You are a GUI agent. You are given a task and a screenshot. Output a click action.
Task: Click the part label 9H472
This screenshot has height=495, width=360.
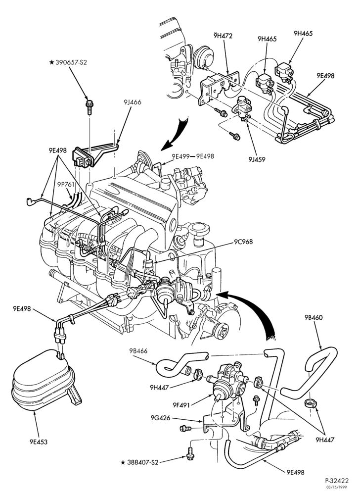tap(223, 36)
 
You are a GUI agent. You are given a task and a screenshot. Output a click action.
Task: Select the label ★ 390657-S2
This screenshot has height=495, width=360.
tap(68, 62)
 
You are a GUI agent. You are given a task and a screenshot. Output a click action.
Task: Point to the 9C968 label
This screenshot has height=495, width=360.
tap(243, 242)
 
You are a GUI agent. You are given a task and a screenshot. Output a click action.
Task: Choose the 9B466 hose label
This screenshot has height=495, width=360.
tap(138, 351)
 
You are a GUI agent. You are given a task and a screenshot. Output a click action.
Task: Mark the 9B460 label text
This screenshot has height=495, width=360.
tap(314, 317)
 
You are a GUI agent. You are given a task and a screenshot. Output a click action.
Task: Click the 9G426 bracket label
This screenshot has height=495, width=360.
tap(160, 418)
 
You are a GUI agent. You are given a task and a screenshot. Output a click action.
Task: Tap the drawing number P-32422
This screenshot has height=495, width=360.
tap(337, 481)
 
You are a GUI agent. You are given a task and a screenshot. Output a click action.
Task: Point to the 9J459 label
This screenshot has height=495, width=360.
tap(256, 159)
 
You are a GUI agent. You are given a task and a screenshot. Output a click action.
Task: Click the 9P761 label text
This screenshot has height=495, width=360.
tap(67, 184)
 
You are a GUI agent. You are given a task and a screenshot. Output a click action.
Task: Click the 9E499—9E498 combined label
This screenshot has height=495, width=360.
tap(193, 156)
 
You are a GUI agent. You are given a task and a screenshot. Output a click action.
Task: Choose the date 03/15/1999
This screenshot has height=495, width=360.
tap(340, 487)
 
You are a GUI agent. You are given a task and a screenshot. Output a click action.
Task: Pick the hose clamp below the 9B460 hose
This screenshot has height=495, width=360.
tap(311, 403)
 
